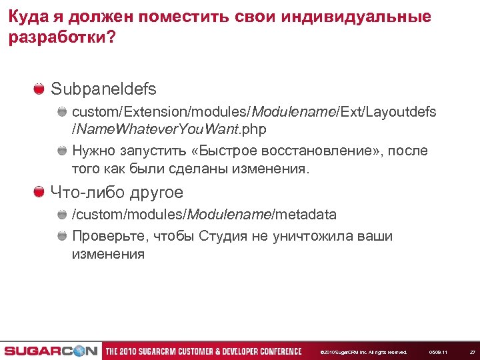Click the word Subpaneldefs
pos(103,89)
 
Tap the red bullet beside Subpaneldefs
pos(39,88)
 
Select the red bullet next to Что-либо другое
pos(39,193)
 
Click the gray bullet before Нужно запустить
pos(62,151)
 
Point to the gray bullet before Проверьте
pos(62,236)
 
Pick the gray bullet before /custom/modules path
pos(62,215)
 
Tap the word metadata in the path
pos(305,215)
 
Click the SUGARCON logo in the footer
pos(50,351)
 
